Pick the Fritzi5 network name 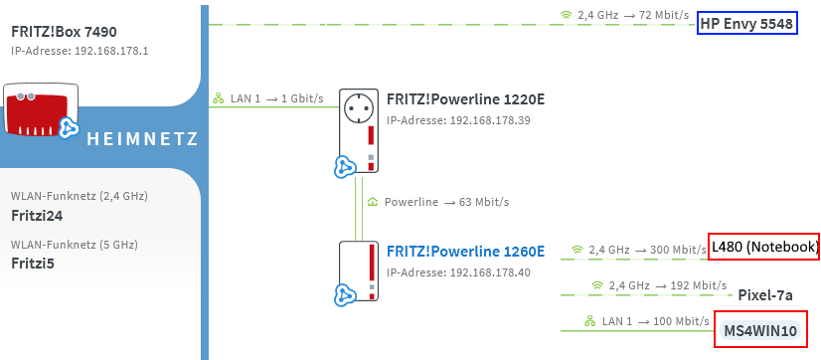point(33,264)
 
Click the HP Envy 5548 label point(747,24)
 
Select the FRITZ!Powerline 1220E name point(465,100)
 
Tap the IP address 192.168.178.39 point(447,120)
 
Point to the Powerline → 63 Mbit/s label point(446,202)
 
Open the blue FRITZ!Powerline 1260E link point(465,251)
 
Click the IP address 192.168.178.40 point(447,271)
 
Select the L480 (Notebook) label point(764,247)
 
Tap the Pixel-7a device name point(764,295)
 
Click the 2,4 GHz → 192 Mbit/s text point(656,285)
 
